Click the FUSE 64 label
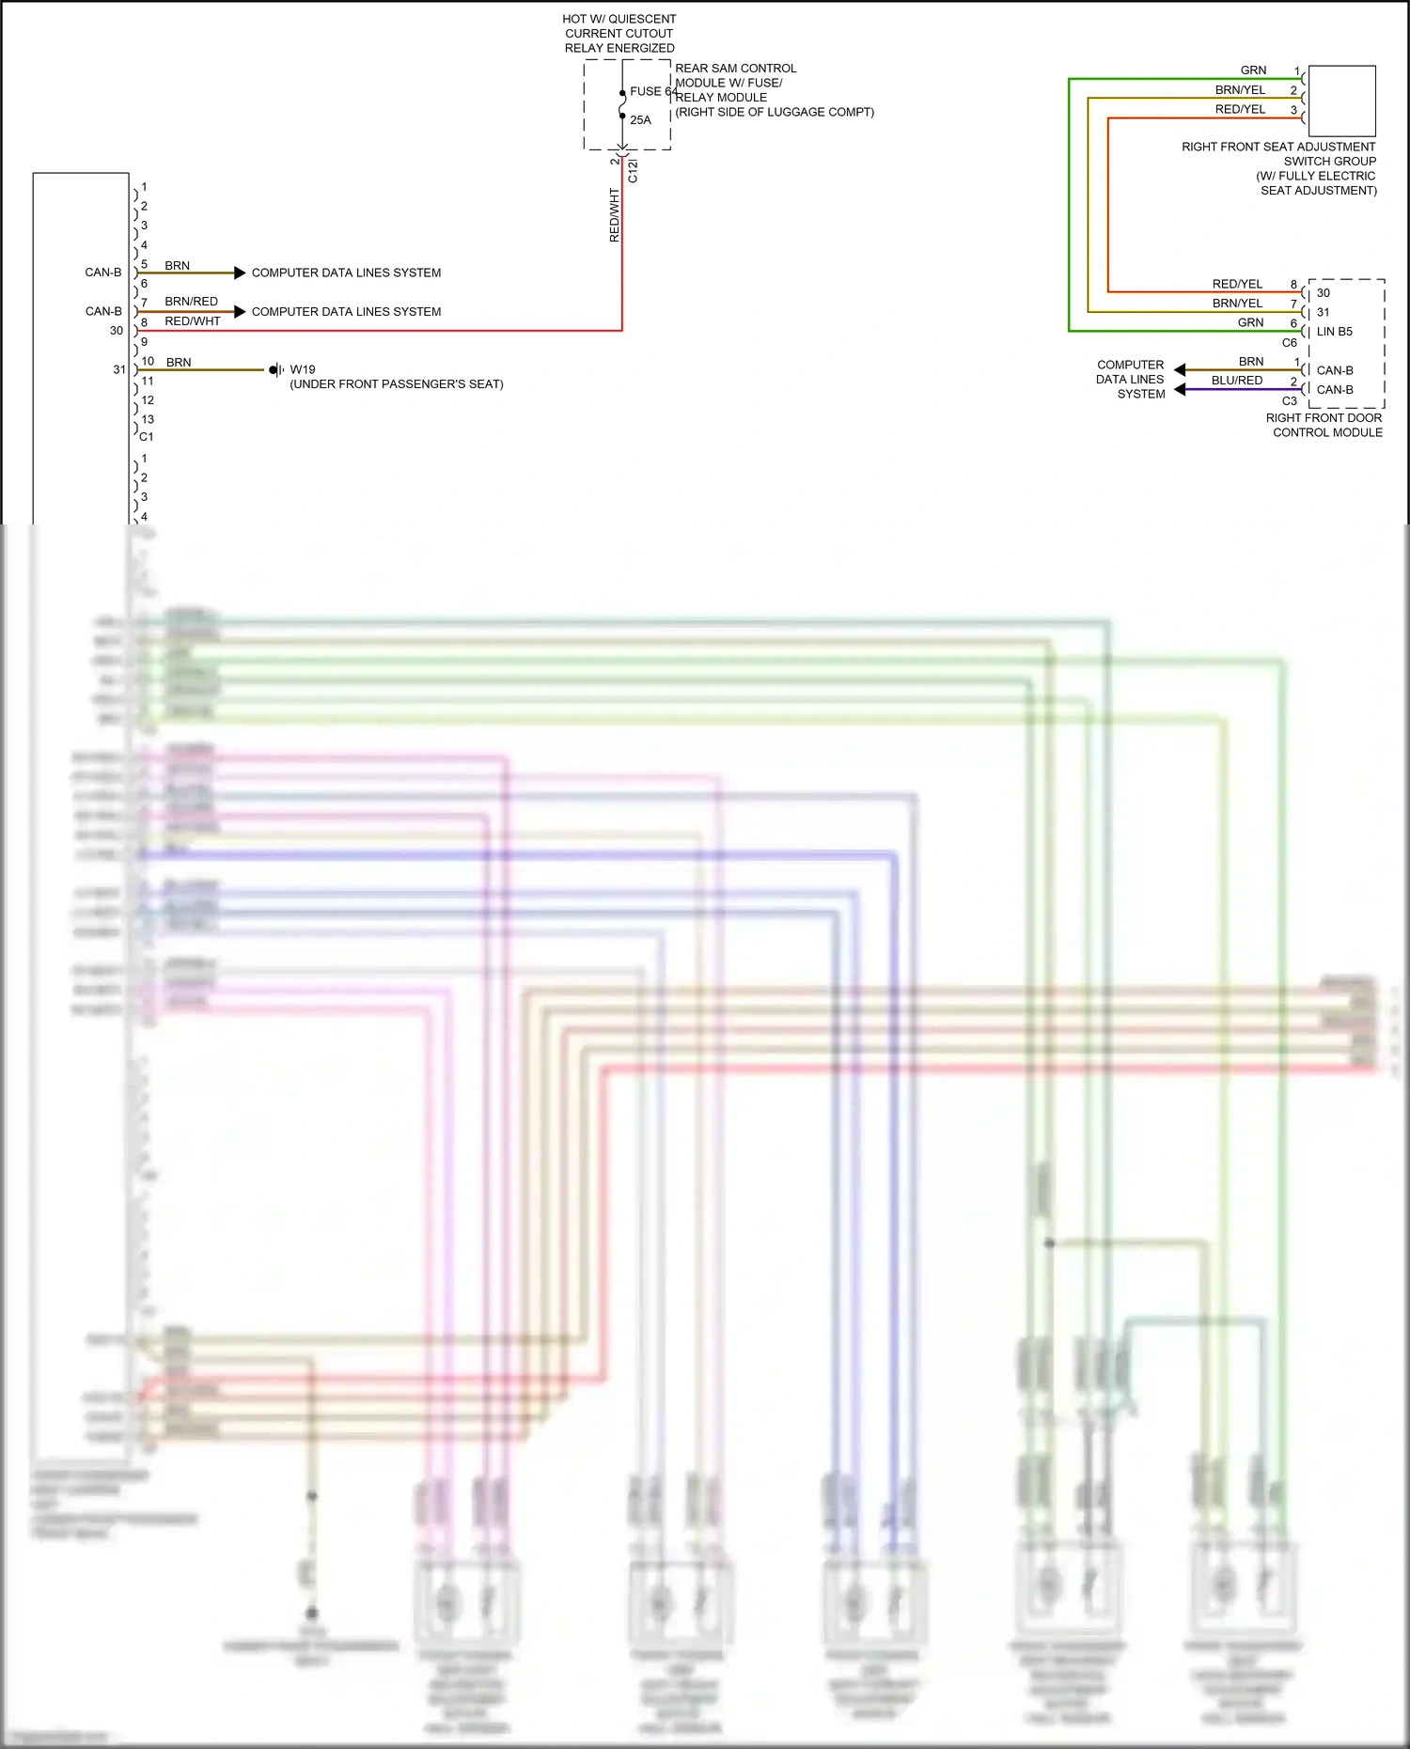pos(653,91)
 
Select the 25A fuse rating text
pos(640,120)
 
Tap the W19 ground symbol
pos(275,370)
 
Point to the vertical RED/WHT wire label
pos(615,215)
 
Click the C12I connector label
pos(633,170)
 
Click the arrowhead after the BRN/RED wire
pos(240,312)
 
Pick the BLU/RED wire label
pos(1237,381)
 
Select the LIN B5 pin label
pos(1334,332)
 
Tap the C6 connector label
pos(1290,343)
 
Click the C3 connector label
pos(1290,401)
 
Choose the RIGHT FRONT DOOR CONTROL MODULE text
pos(1324,425)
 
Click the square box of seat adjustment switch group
pos(1341,101)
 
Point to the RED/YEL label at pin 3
pos(1240,110)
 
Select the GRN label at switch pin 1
pos(1253,70)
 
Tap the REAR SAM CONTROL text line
pos(735,69)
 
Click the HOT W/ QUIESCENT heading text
pos(619,19)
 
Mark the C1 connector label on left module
pos(147,437)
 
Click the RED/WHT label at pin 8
pos(192,321)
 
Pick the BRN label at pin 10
pos(179,363)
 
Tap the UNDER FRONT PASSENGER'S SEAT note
pos(397,384)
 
